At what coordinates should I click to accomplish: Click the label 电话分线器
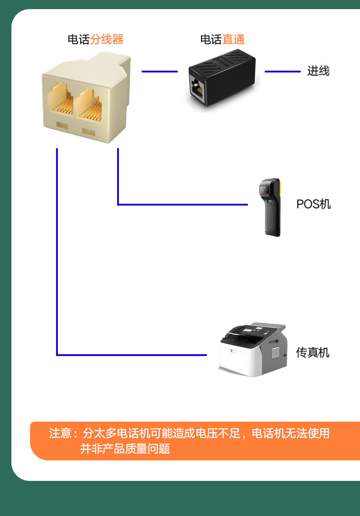[x=96, y=40]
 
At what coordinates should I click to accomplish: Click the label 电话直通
[x=222, y=40]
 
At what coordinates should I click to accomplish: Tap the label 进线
[x=318, y=71]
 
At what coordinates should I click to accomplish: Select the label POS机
[x=314, y=204]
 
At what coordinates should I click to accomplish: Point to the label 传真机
[x=313, y=352]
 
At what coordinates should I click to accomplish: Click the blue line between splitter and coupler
[x=159, y=72]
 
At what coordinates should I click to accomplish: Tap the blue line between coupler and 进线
[x=283, y=72]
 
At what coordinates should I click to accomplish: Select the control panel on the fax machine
[x=248, y=330]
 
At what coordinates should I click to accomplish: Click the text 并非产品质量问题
[x=125, y=449]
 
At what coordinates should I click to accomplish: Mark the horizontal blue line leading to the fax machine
[x=132, y=355]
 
